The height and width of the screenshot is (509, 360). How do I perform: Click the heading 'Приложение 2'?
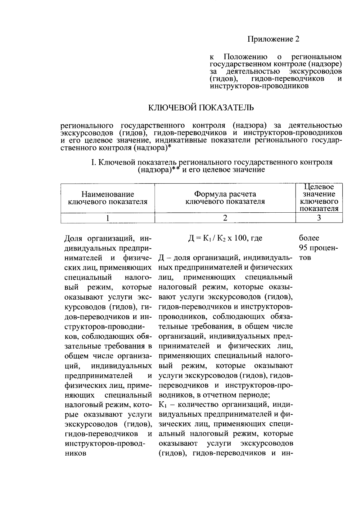(273, 39)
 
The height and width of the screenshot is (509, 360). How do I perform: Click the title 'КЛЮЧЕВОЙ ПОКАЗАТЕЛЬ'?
(201, 107)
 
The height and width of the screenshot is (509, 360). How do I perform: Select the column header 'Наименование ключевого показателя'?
(108, 198)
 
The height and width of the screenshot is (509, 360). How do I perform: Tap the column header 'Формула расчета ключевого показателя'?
(225, 198)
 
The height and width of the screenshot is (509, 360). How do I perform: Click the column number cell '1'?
(108, 218)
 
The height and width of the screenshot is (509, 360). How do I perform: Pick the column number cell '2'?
(225, 218)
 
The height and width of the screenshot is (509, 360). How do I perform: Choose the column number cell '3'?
(319, 218)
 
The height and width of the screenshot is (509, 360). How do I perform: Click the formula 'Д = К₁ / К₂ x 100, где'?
(225, 238)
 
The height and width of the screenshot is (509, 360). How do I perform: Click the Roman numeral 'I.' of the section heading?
(93, 162)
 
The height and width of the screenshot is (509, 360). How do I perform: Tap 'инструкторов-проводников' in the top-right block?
(259, 86)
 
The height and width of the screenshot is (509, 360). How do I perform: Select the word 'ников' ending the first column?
(75, 453)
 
